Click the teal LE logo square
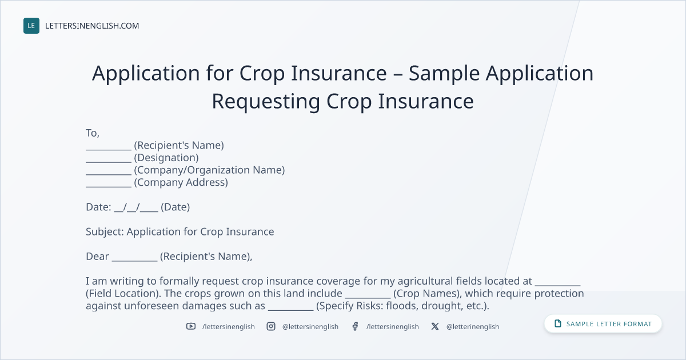pyautogui.click(x=31, y=26)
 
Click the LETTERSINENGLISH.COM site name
pyautogui.click(x=92, y=26)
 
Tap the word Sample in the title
pyautogui.click(x=444, y=74)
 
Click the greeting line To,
pyautogui.click(x=93, y=133)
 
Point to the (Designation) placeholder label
pyautogui.click(x=166, y=158)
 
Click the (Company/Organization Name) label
pyautogui.click(x=209, y=170)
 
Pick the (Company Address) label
pyautogui.click(x=181, y=182)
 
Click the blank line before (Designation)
pyautogui.click(x=109, y=162)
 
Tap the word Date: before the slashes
pyautogui.click(x=98, y=207)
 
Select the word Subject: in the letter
pyautogui.click(x=105, y=232)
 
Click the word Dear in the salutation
pyautogui.click(x=97, y=257)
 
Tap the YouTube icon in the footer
pyautogui.click(x=191, y=326)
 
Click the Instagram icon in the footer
pyautogui.click(x=271, y=326)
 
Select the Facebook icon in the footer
pyautogui.click(x=355, y=326)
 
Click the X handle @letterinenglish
pyautogui.click(x=473, y=327)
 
